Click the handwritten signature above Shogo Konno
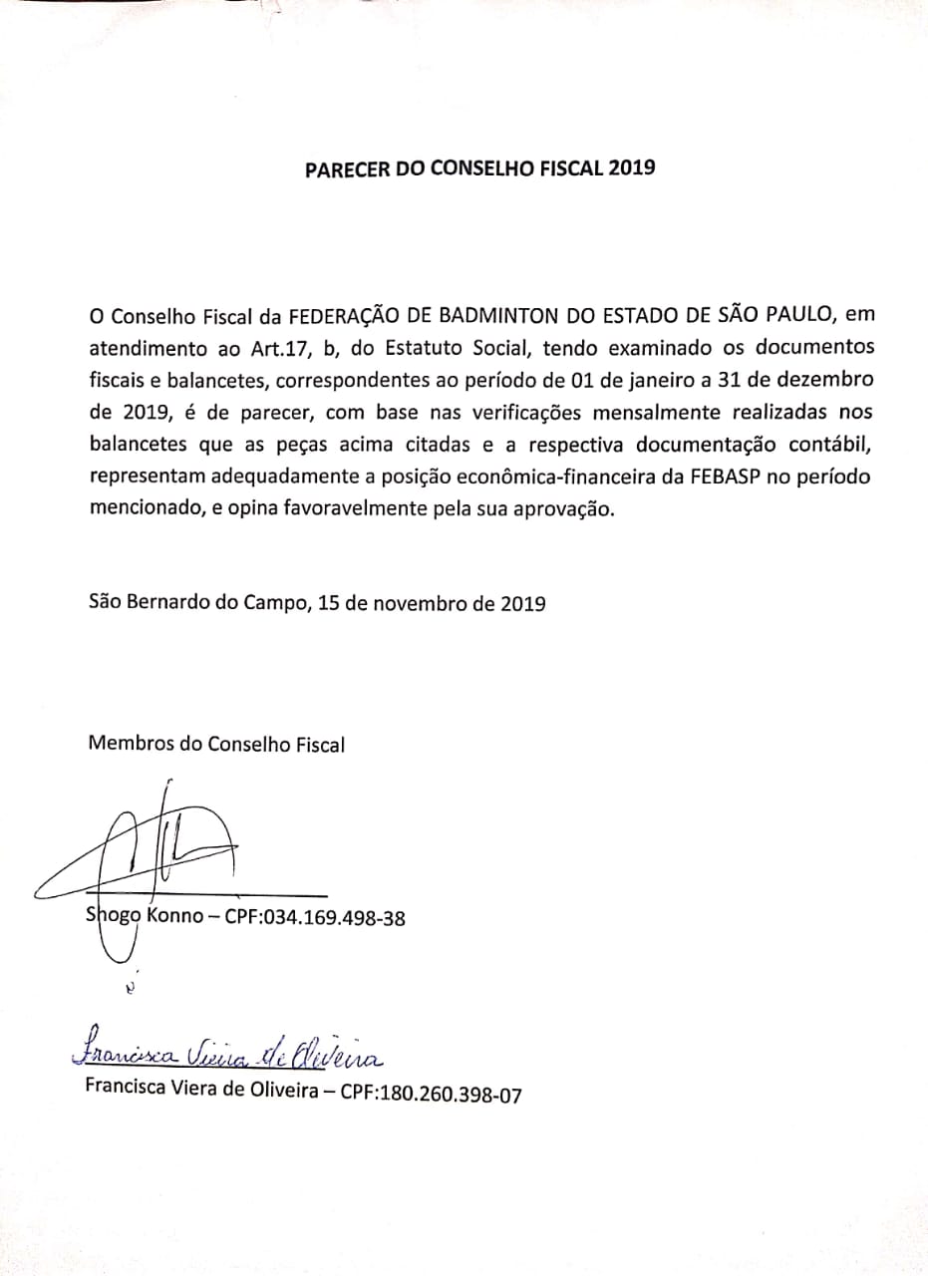[x=159, y=847]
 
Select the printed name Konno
[x=174, y=917]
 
